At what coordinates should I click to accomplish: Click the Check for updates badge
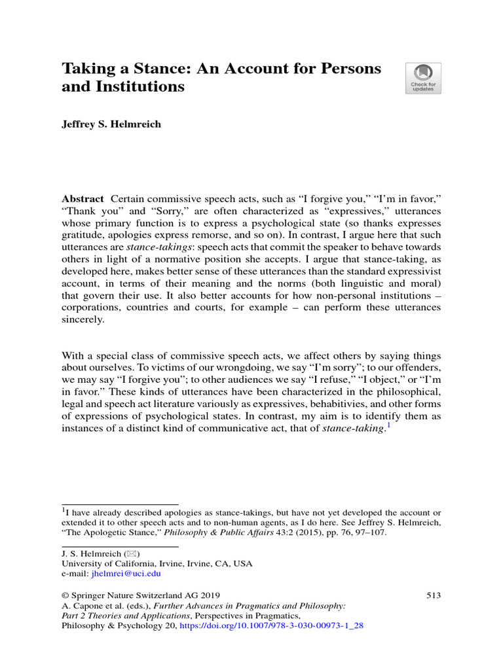tap(423, 79)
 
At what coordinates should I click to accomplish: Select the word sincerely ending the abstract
tap(83, 321)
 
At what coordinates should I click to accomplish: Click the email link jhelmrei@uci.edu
tap(129, 574)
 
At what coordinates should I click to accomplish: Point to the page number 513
tap(433, 595)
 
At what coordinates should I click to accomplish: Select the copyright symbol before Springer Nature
tap(65, 595)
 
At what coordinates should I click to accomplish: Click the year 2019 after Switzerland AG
tap(208, 595)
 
